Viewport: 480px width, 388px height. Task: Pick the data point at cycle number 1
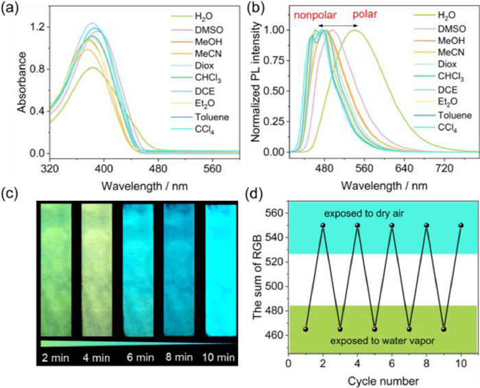pos(305,329)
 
